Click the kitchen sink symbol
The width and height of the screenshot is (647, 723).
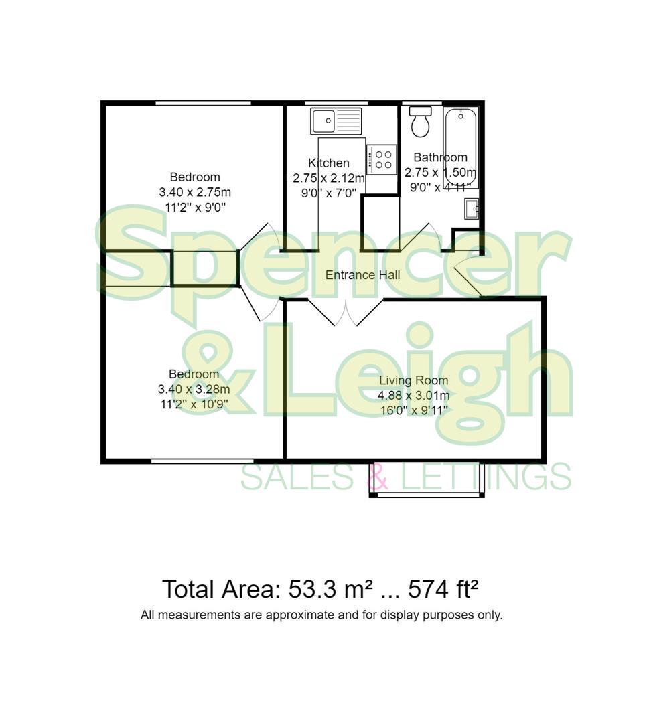tap(336, 120)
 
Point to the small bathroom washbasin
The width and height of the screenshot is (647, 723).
tap(472, 209)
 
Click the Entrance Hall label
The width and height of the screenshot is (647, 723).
tap(362, 275)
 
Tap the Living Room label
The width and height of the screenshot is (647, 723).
tap(413, 380)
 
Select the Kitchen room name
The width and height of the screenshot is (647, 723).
tap(328, 163)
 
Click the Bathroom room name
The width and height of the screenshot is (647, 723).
tap(440, 157)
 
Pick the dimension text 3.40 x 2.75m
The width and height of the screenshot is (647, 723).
tap(195, 192)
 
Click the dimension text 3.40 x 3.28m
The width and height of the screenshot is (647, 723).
tap(194, 389)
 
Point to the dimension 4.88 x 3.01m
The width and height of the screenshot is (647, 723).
tap(413, 395)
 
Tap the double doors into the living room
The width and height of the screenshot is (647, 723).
tap(346, 313)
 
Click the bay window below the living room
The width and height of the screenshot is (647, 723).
tap(427, 494)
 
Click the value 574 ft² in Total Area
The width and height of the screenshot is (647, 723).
tap(443, 590)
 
